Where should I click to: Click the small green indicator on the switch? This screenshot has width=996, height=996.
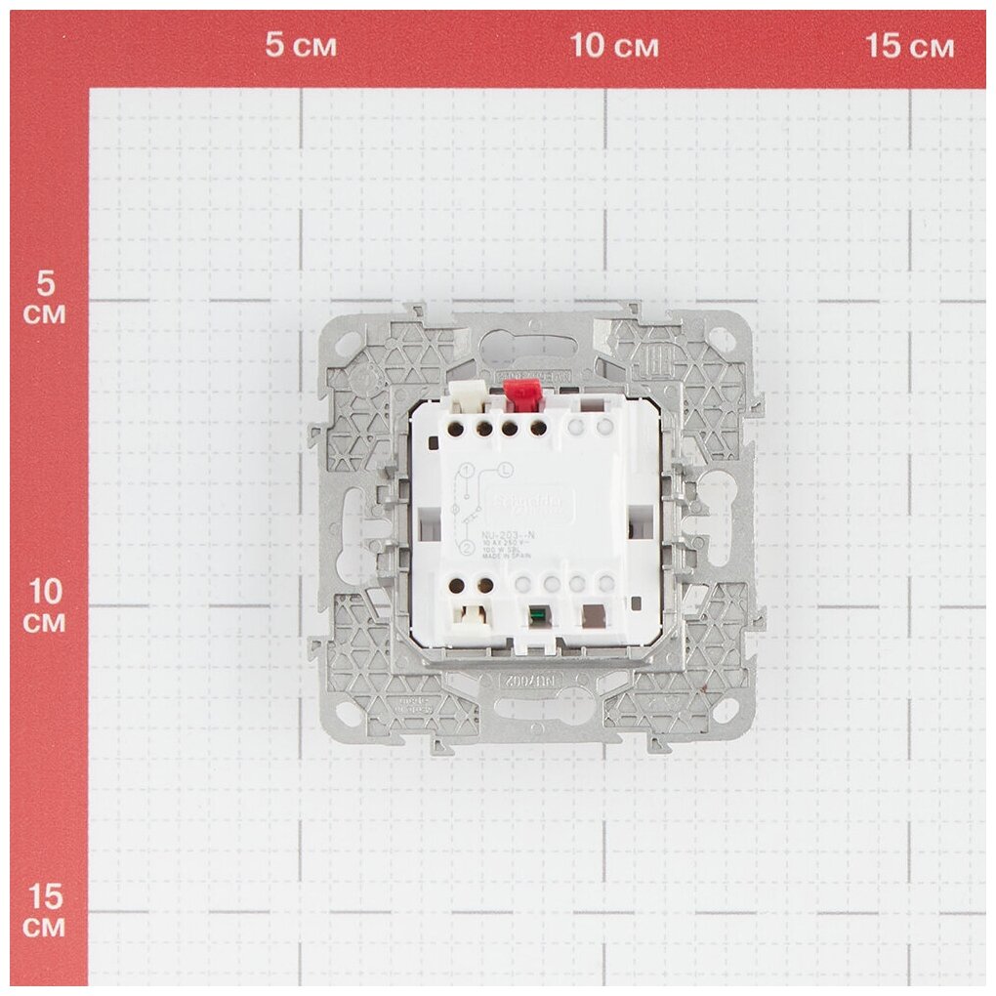coord(535,616)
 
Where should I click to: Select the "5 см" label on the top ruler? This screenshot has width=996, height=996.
coord(302,46)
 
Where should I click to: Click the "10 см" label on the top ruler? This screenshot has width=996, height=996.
coord(614,46)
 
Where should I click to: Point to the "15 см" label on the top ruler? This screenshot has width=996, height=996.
coord(910,46)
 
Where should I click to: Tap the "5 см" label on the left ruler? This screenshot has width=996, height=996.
coord(45,299)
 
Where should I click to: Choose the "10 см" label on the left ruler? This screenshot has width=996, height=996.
coord(45,605)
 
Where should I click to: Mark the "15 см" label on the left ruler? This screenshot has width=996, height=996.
coord(45,910)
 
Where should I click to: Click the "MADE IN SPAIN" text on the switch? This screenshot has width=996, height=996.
coord(506,563)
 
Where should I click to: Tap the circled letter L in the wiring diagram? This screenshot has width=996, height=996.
coord(505,472)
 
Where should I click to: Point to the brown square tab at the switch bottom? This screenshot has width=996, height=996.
coord(593,616)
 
